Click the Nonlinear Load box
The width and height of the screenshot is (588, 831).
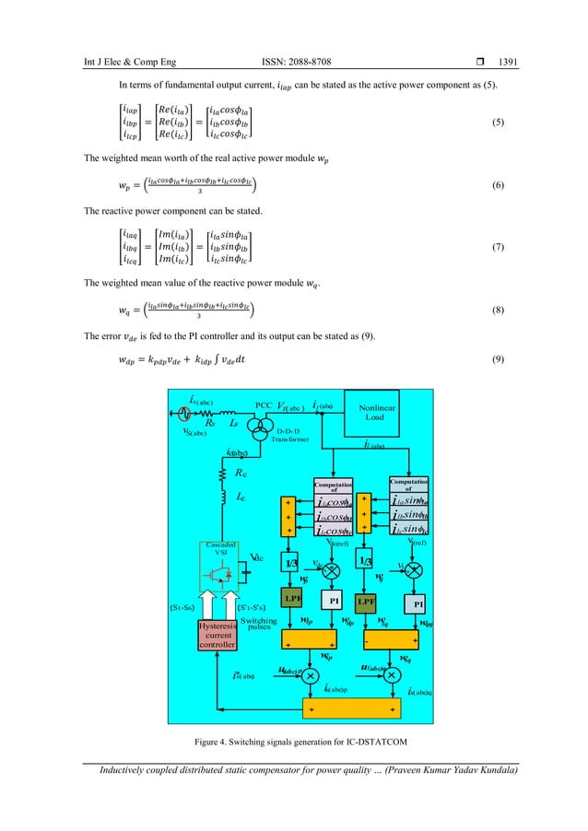376,436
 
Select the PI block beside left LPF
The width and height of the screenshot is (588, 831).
336,600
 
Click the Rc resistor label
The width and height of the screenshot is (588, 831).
241,474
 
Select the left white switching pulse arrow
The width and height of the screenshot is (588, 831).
205,601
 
